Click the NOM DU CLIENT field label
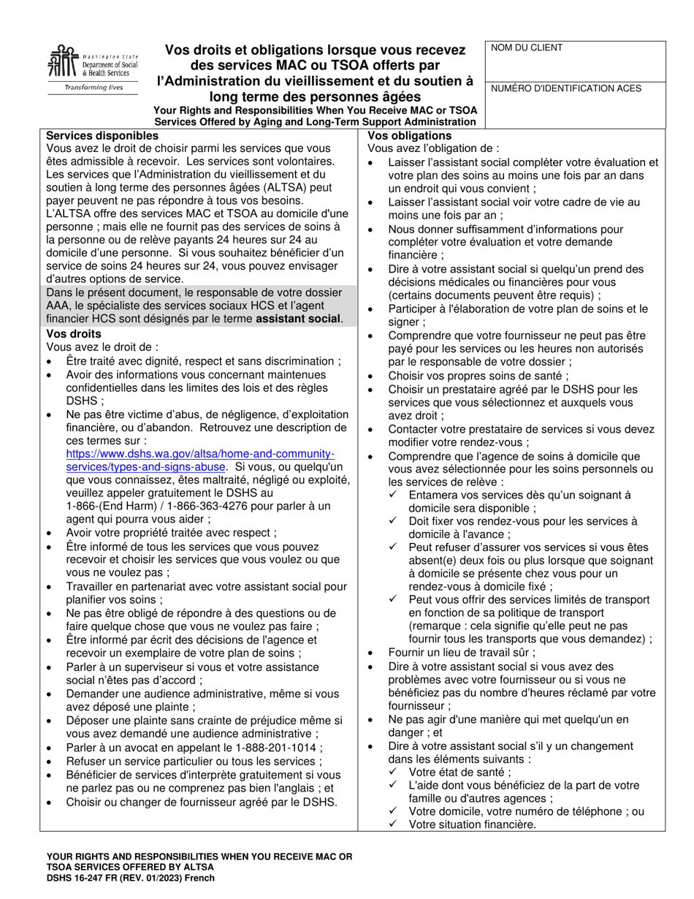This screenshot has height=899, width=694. click(527, 48)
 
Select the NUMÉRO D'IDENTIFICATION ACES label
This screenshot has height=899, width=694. click(566, 88)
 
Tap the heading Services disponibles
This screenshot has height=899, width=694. click(102, 136)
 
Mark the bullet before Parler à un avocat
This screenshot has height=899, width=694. click(49, 748)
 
